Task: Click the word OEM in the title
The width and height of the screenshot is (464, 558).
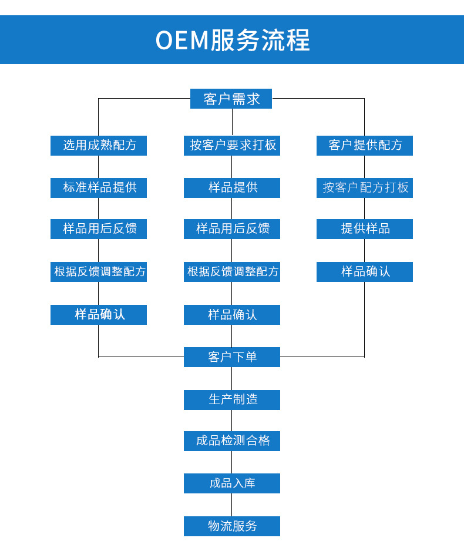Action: [182, 41]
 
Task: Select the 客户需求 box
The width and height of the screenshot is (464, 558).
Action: [231, 99]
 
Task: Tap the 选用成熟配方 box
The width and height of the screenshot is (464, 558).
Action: [99, 146]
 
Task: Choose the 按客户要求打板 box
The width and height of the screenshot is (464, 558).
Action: [232, 146]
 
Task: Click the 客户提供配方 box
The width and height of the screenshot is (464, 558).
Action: [365, 146]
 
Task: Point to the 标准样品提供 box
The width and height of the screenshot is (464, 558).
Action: [99, 188]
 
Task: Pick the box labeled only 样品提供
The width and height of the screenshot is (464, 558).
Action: [232, 188]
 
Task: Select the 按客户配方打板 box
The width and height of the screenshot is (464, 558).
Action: [365, 188]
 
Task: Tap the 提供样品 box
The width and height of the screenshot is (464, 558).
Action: [365, 229]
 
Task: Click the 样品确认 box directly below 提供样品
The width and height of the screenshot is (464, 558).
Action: [365, 272]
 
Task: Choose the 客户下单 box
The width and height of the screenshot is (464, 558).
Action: [232, 357]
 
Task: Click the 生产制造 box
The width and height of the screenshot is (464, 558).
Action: [232, 400]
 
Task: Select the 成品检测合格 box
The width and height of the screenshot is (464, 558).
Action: [232, 441]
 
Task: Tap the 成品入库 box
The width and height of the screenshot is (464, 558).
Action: [232, 483]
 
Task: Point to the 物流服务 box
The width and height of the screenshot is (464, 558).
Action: [232, 526]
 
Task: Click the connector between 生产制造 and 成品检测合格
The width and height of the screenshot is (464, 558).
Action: [232, 421]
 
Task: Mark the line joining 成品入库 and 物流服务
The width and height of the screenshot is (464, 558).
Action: [232, 505]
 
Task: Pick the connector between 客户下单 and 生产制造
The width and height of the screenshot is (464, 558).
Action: [232, 379]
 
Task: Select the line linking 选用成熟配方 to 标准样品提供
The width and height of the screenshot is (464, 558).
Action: [99, 167]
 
